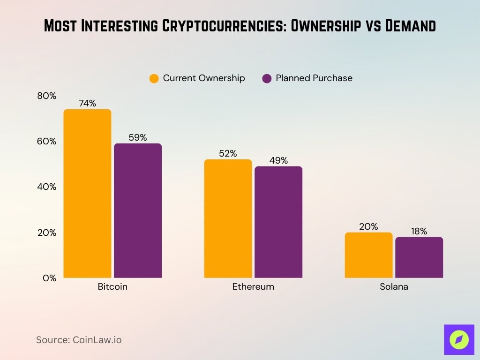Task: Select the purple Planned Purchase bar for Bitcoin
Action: pyautogui.click(x=138, y=210)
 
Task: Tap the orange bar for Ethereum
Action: pyautogui.click(x=228, y=218)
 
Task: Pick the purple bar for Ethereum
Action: pyautogui.click(x=278, y=222)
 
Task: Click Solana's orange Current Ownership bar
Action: pyautogui.click(x=368, y=255)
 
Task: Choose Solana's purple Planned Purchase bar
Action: pyautogui.click(x=419, y=257)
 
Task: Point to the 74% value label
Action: pyautogui.click(x=87, y=104)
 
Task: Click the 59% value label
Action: pyautogui.click(x=138, y=138)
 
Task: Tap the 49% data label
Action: pyautogui.click(x=278, y=161)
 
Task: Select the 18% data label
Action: pyautogui.click(x=419, y=231)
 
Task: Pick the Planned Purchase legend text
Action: pyautogui.click(x=314, y=78)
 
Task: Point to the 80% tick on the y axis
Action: pyautogui.click(x=46, y=96)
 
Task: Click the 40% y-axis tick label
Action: pyautogui.click(x=46, y=187)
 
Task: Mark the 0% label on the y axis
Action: pyautogui.click(x=49, y=278)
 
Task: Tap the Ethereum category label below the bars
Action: pyautogui.click(x=253, y=286)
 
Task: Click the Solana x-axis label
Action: pyautogui.click(x=394, y=286)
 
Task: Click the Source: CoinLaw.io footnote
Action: pyautogui.click(x=79, y=340)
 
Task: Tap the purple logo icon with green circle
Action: pyautogui.click(x=459, y=339)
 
